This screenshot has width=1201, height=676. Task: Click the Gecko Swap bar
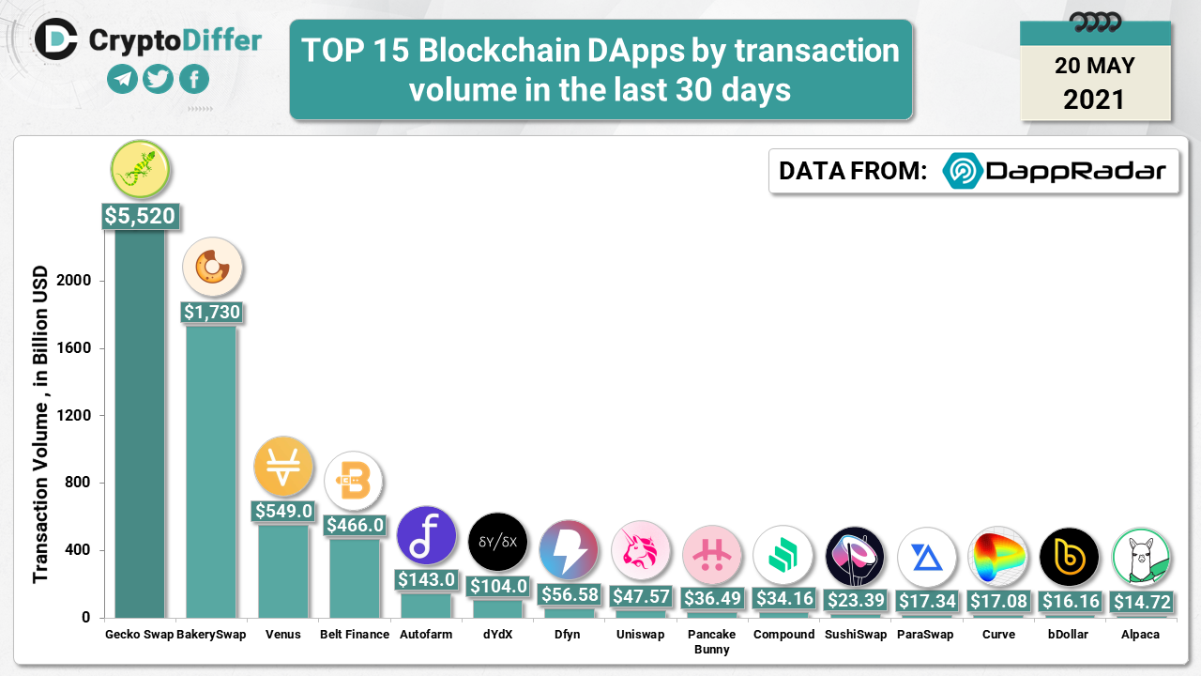tap(140, 422)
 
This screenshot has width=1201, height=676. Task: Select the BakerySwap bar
tap(211, 469)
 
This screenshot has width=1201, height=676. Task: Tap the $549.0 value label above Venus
tap(283, 511)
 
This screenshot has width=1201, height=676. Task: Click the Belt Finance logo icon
tap(354, 482)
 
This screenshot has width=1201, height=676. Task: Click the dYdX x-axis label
tap(497, 635)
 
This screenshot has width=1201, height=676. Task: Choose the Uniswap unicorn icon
tap(641, 551)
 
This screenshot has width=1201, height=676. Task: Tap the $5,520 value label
tap(140, 217)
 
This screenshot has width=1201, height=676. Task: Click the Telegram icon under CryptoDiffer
tap(122, 80)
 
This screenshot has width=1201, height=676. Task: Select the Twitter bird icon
tap(159, 80)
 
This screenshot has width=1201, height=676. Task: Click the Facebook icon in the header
tap(194, 80)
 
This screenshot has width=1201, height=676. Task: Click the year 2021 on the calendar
tap(1094, 99)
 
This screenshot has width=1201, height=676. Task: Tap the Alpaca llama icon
tap(1141, 558)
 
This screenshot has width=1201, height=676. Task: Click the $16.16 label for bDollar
tap(1070, 601)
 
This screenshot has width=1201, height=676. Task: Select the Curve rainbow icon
tap(998, 557)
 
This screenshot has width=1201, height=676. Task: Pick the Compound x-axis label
tap(783, 635)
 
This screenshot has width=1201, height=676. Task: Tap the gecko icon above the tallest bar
tap(140, 168)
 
